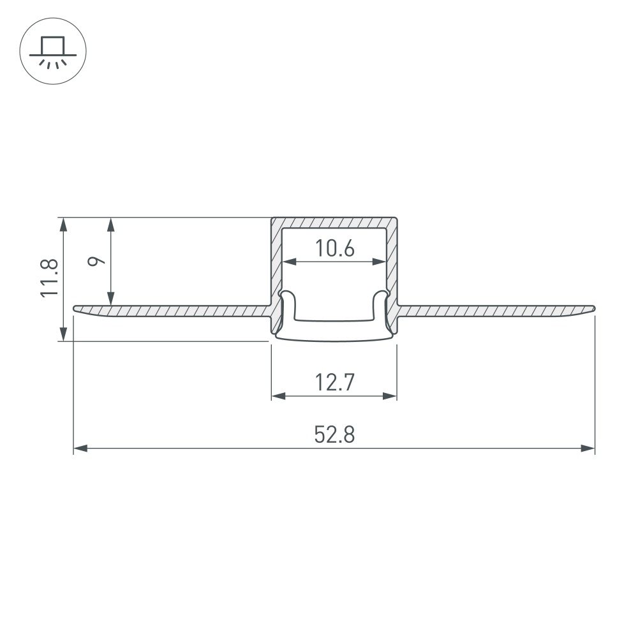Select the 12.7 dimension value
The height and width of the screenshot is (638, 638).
[x=334, y=382]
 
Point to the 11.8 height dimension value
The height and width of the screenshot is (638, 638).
[x=50, y=278]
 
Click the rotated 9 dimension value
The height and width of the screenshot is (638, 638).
[x=96, y=261]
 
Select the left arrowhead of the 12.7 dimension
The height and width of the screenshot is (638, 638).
[x=278, y=396]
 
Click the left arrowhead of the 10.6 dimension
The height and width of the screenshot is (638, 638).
[x=289, y=261]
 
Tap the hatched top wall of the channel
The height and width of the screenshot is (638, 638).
[x=334, y=222]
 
